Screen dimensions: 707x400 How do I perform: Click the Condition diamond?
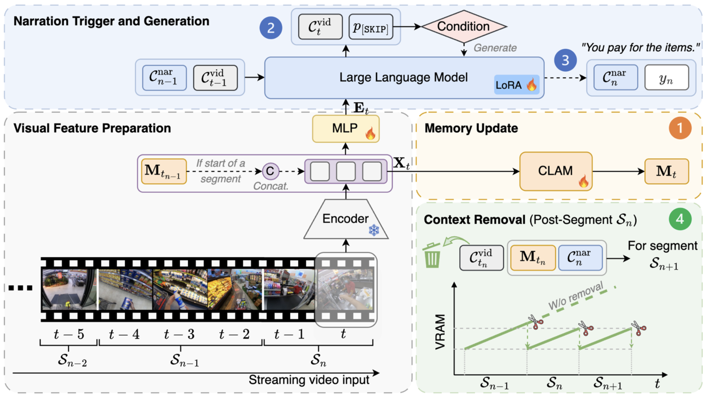click(x=464, y=26)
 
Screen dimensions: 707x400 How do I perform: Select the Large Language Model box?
click(x=404, y=78)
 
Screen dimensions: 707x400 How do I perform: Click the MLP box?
click(x=345, y=129)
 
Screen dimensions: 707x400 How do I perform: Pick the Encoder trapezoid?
click(x=346, y=219)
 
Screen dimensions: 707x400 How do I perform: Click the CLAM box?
click(x=556, y=171)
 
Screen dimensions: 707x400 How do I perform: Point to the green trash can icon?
click(x=432, y=255)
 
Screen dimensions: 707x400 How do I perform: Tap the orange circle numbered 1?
click(x=680, y=128)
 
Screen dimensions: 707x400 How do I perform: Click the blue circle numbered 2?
click(x=271, y=28)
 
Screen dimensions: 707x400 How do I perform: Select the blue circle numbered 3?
click(x=565, y=60)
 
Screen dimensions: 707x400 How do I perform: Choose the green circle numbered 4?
click(x=680, y=219)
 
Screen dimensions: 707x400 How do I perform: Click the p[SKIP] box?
click(x=371, y=27)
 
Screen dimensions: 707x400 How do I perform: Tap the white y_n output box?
click(x=667, y=78)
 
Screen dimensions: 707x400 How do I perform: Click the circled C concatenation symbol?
click(x=270, y=171)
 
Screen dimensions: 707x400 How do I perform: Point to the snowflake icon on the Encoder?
click(x=374, y=230)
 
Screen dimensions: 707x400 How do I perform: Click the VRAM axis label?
click(x=440, y=332)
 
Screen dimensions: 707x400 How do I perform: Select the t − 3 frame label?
click(x=179, y=334)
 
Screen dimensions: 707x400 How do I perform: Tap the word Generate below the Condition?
click(x=495, y=48)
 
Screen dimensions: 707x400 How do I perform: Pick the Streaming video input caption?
click(x=309, y=380)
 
